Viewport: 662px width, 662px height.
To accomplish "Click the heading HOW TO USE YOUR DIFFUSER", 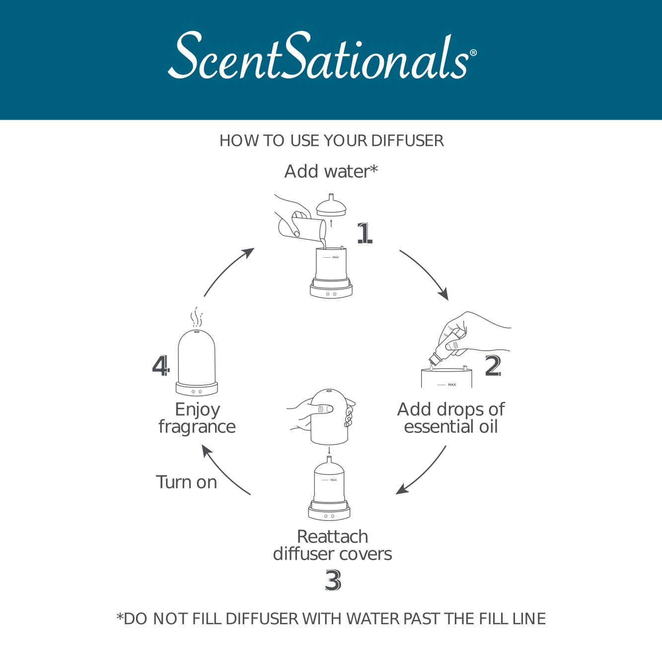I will point(331,141).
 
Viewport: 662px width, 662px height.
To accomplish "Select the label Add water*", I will point(331,171).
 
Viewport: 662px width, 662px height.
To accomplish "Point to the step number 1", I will point(365,233).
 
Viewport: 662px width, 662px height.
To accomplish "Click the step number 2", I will point(493,366).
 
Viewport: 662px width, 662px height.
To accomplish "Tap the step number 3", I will point(333,580).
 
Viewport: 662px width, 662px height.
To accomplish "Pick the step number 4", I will point(161,366).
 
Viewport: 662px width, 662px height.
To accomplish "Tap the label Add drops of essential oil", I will point(451,418).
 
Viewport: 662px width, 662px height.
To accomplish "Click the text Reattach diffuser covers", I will point(332,545).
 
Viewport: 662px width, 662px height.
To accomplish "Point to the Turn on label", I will point(187,482).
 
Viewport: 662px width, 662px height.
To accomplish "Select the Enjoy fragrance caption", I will point(197,418).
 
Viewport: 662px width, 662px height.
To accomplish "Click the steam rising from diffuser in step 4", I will point(197,316).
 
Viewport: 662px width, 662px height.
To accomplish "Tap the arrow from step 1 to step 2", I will point(426,274).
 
